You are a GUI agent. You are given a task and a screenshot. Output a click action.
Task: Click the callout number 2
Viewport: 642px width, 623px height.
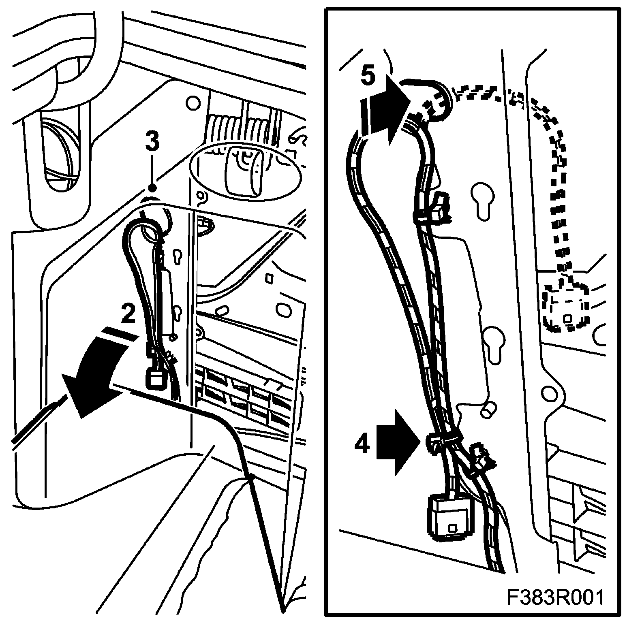[128, 314]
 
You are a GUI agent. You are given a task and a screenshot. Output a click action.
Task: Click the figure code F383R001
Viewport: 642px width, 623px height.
[555, 598]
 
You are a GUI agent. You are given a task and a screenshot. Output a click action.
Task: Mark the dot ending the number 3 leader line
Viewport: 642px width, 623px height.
[152, 188]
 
